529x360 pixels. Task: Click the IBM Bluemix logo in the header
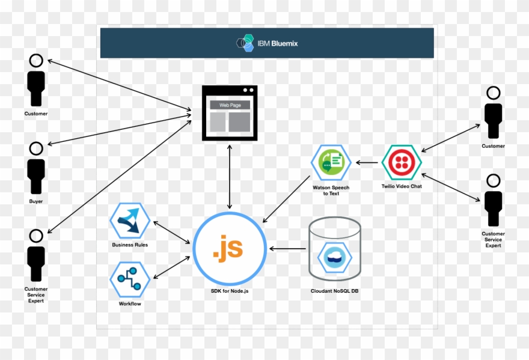click(267, 43)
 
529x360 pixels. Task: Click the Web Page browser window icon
click(229, 113)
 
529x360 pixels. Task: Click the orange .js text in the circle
click(228, 248)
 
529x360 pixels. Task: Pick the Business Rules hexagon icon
click(129, 221)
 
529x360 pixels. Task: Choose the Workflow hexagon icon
click(129, 279)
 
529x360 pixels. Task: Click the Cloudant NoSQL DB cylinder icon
click(334, 249)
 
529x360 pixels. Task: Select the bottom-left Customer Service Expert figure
click(36, 257)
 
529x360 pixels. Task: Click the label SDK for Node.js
click(228, 291)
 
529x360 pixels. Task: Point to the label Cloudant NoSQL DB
click(335, 291)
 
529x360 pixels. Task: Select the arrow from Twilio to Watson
click(368, 162)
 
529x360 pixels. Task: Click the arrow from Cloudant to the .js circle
click(288, 248)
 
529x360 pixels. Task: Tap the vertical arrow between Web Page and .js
click(230, 177)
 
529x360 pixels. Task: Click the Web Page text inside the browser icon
click(229, 105)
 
